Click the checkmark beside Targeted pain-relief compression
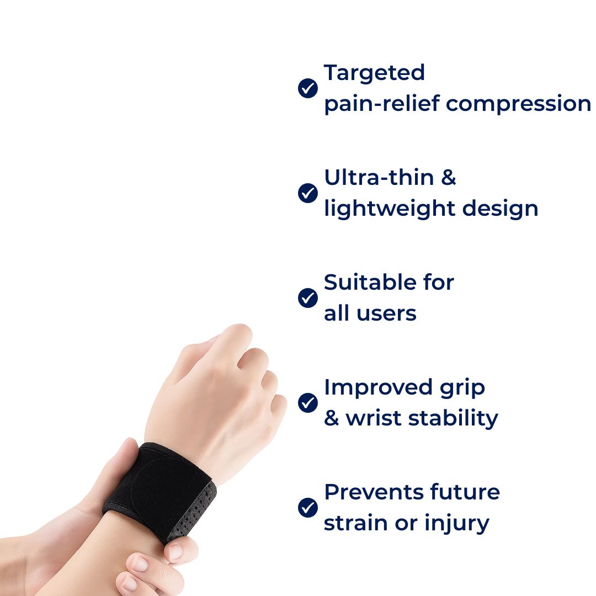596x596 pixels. click(x=307, y=88)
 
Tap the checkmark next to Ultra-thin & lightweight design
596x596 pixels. click(x=307, y=193)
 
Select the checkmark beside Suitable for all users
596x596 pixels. click(x=307, y=298)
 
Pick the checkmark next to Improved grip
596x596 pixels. click(x=307, y=402)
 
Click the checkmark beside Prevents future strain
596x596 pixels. click(x=307, y=507)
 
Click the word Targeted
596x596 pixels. click(x=374, y=73)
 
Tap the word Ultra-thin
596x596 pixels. click(x=379, y=178)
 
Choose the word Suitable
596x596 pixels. click(x=367, y=283)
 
